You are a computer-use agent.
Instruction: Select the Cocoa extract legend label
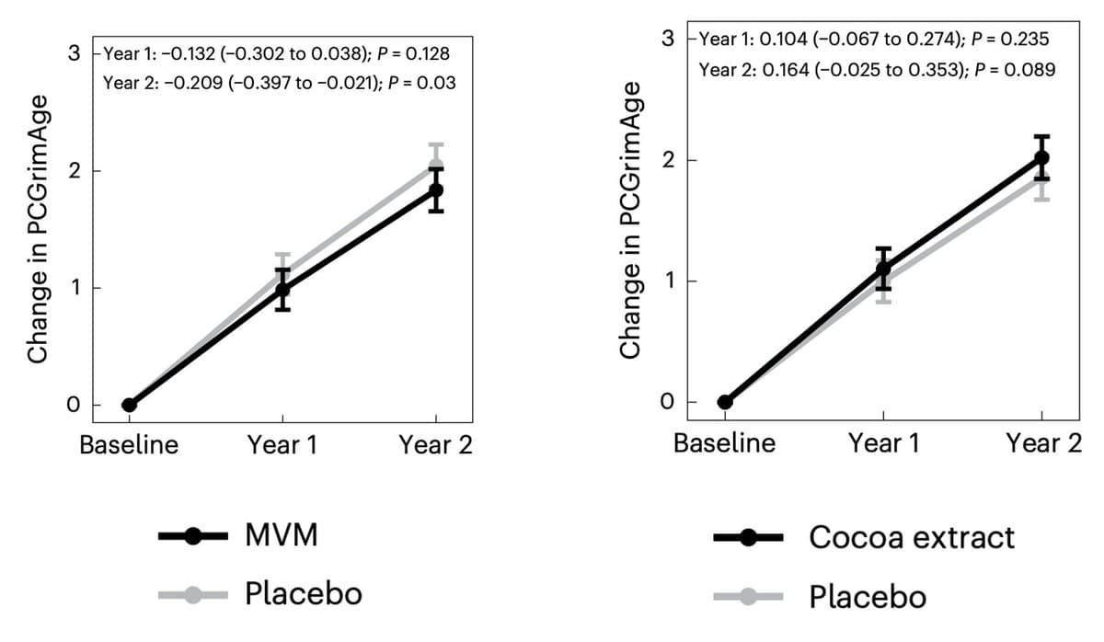coord(912,537)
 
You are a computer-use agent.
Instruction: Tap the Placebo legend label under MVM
coord(303,593)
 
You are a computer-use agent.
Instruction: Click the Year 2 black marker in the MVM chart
coord(436,190)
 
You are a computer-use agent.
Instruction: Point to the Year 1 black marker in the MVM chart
coord(282,290)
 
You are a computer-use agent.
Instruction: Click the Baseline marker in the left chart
coord(129,405)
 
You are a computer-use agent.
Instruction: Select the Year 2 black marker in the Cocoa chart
coord(1041,157)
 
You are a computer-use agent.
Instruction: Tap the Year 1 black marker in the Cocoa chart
coord(883,269)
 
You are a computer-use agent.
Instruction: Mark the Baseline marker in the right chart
coord(725,402)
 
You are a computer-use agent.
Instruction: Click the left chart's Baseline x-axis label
coord(129,446)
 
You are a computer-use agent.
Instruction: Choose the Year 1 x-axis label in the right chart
coord(883,443)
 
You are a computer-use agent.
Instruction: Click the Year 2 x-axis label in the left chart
coord(435,446)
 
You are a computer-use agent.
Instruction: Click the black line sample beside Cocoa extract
coord(748,538)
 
